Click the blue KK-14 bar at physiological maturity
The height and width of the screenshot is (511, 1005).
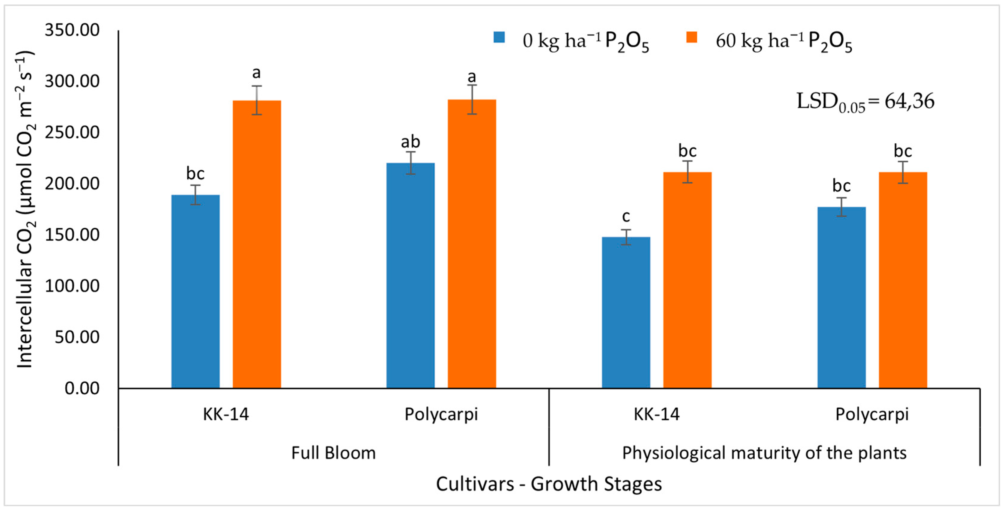[626, 312]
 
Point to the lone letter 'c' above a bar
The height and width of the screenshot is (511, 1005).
[626, 216]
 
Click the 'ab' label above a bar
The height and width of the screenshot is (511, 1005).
[410, 142]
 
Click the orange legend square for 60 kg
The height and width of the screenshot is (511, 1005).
[692, 37]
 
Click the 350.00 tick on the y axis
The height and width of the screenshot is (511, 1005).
[72, 30]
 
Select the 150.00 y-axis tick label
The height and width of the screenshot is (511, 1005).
[72, 235]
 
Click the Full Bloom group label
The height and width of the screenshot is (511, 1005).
[334, 453]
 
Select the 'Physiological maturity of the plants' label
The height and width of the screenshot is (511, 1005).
[764, 453]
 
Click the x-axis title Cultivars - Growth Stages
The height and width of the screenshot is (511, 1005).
[549, 484]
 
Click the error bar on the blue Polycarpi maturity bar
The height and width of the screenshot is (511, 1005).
[842, 207]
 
